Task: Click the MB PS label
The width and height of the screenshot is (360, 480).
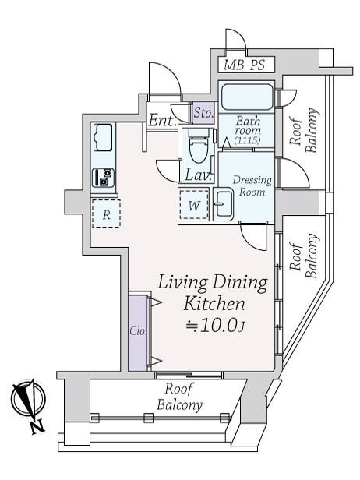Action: click(244, 65)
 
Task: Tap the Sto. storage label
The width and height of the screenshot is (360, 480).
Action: click(203, 113)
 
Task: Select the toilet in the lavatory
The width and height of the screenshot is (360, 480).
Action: click(198, 146)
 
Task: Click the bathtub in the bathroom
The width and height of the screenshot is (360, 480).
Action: click(247, 97)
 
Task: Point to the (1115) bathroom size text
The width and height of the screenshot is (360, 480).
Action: click(247, 140)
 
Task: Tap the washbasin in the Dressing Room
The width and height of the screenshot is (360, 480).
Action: click(223, 204)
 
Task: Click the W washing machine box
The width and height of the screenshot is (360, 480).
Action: click(194, 205)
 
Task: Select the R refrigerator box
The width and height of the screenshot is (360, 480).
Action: click(106, 214)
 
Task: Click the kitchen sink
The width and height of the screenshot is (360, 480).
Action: click(103, 137)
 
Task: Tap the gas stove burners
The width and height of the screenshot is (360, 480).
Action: click(103, 178)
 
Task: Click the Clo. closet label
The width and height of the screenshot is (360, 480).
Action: click(138, 331)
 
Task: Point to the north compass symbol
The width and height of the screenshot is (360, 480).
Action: click(29, 399)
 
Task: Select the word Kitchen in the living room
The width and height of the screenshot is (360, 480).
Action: click(214, 304)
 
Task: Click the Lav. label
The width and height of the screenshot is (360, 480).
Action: click(198, 175)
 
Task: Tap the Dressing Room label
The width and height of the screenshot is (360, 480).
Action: click(252, 185)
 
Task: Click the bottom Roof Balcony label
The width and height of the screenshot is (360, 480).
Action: click(180, 397)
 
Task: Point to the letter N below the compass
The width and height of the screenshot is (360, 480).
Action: click(38, 426)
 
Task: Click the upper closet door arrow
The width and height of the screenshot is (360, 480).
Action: click(156, 303)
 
